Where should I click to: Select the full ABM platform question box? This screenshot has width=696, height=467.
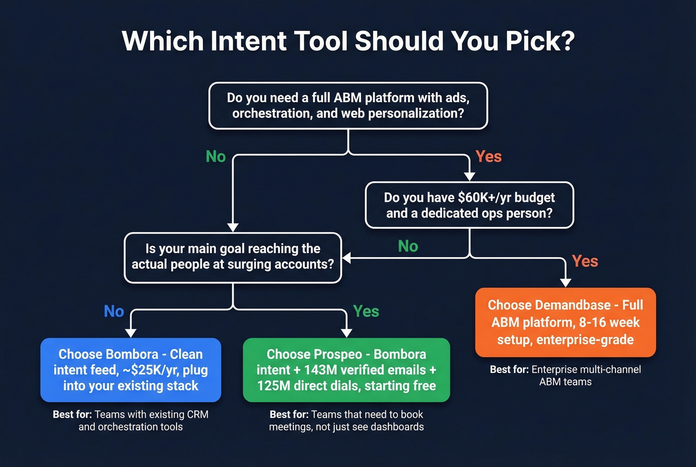point(348,105)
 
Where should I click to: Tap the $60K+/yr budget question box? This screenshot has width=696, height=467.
point(469,205)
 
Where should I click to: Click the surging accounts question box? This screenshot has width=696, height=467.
point(233,257)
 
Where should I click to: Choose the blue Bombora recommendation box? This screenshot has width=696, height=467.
point(131,370)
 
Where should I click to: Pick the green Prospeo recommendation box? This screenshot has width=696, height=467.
point(347,370)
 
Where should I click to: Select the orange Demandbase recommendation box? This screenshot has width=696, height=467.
point(565,322)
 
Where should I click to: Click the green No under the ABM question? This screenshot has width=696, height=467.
point(216,157)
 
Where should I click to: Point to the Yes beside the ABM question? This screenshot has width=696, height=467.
point(488,157)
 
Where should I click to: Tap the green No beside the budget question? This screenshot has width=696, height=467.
point(408,246)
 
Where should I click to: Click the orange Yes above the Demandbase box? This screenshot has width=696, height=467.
point(585,261)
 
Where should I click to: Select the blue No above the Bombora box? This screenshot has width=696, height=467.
point(114,311)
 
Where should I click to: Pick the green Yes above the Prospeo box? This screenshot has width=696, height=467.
point(366,311)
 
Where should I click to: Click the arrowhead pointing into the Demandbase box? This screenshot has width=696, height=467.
point(565,282)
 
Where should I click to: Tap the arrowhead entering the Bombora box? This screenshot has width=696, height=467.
point(131,333)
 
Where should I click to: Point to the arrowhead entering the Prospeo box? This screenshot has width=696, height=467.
point(347,333)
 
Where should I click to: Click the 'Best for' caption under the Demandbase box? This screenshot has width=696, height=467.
point(565,375)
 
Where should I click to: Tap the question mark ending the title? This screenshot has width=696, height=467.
point(566,41)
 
